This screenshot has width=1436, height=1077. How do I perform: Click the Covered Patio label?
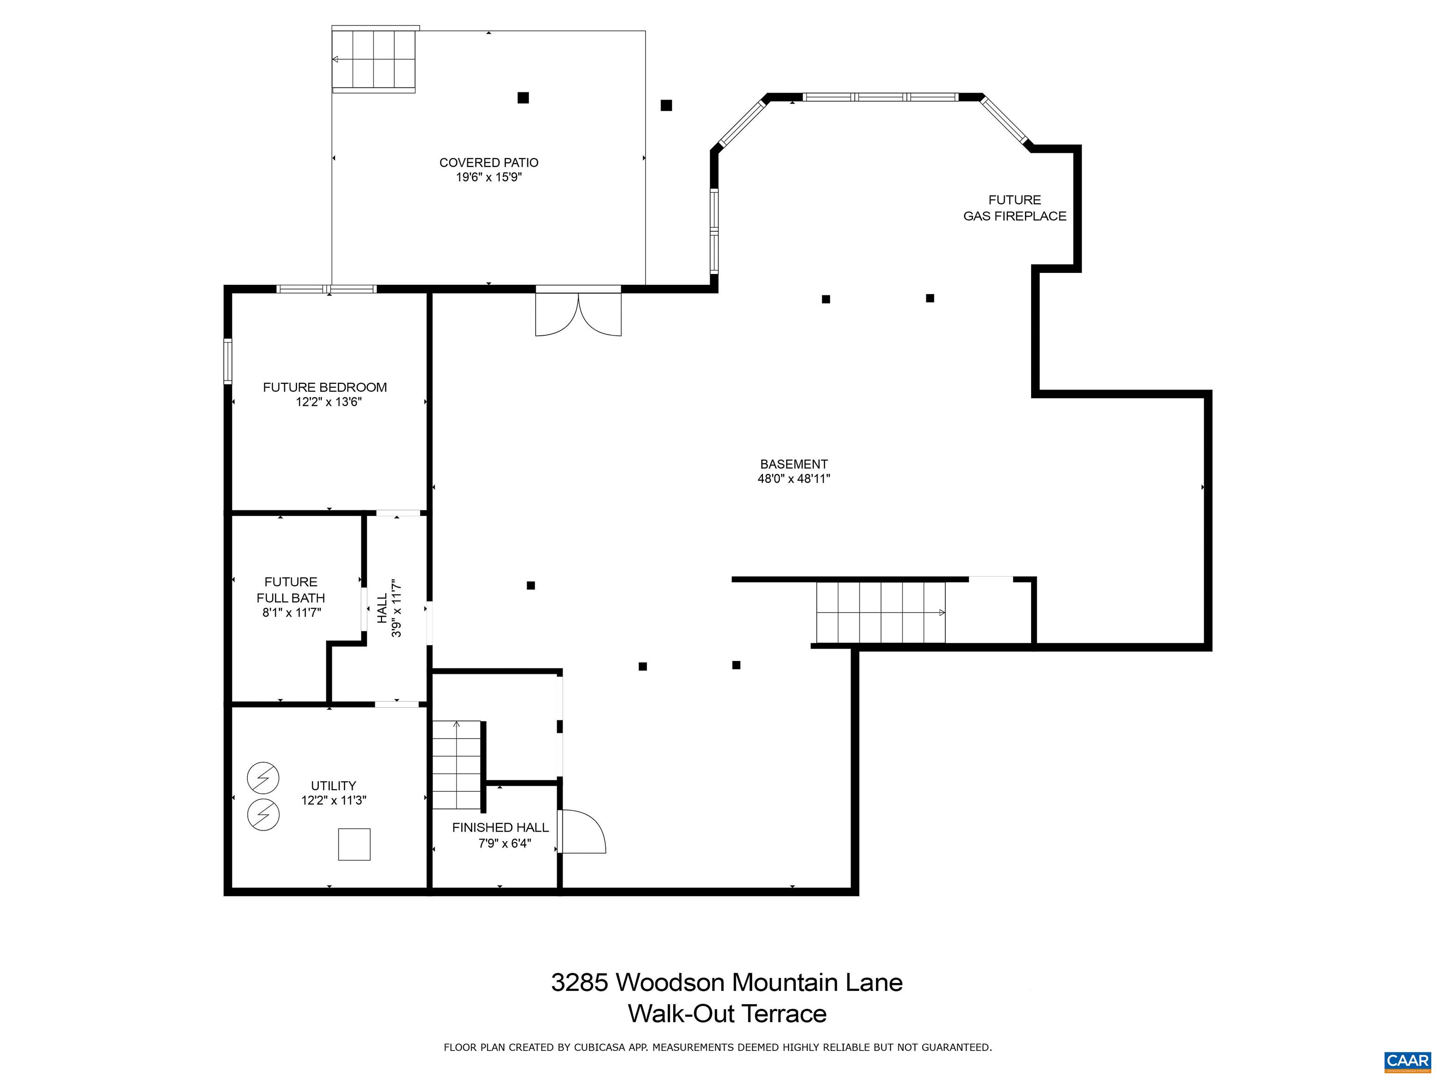(488, 162)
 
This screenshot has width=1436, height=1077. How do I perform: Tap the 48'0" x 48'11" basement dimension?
(793, 479)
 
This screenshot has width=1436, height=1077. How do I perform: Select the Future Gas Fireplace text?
(1014, 208)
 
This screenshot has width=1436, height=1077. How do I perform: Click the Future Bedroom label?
(324, 387)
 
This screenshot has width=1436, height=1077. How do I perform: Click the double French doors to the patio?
(578, 314)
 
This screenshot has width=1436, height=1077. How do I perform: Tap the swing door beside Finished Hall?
(582, 832)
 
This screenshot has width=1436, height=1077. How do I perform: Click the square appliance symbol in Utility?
(354, 845)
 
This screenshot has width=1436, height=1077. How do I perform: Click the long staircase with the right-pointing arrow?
(880, 612)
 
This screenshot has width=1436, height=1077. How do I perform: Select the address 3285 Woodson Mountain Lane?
(726, 982)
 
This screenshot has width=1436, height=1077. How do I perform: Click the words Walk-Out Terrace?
(726, 1013)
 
